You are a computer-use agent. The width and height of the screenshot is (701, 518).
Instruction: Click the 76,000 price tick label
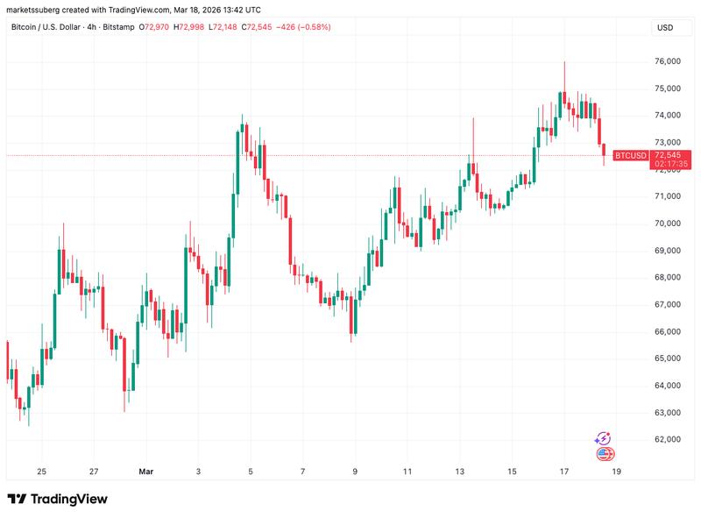pyautogui.click(x=667, y=61)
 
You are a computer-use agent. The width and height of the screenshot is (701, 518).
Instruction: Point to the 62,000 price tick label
pyautogui.click(x=667, y=439)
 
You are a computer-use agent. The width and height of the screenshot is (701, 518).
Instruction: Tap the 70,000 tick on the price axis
pyautogui.click(x=667, y=224)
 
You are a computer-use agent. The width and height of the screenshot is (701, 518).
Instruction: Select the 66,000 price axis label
pyautogui.click(x=667, y=331)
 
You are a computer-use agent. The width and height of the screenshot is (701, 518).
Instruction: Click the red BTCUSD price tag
pyautogui.click(x=631, y=156)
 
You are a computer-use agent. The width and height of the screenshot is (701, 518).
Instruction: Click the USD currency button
pyautogui.click(x=665, y=28)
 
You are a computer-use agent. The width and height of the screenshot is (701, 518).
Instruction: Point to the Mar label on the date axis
pyautogui.click(x=145, y=472)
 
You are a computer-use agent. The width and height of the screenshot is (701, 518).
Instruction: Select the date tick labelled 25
pyautogui.click(x=41, y=472)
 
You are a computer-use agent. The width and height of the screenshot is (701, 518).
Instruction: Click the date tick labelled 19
pyautogui.click(x=616, y=472)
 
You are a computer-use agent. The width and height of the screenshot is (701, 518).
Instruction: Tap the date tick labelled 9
pyautogui.click(x=355, y=472)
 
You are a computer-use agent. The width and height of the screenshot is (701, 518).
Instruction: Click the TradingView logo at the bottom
pyautogui.click(x=58, y=499)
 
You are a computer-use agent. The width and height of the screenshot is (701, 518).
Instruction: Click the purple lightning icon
pyautogui.click(x=603, y=437)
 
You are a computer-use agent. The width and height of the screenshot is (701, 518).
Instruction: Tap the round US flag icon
pyautogui.click(x=605, y=453)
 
